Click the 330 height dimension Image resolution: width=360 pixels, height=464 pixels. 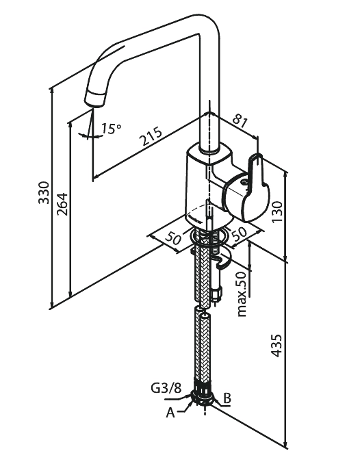pyautogui.click(x=44, y=192)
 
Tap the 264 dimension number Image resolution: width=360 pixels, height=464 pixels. pyautogui.click(x=62, y=204)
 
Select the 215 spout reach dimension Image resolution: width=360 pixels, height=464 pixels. pyautogui.click(x=151, y=136)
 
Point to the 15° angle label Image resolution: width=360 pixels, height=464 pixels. pyautogui.click(x=111, y=129)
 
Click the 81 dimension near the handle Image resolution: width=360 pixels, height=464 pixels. pyautogui.click(x=240, y=120)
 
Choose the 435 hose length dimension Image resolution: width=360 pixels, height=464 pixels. pyautogui.click(x=277, y=346)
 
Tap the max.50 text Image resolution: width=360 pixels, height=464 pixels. pyautogui.click(x=242, y=294)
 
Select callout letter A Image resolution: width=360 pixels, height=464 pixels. pyautogui.click(x=170, y=412)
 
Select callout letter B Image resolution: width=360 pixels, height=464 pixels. pyautogui.click(x=227, y=398)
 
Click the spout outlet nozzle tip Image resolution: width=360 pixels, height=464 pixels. pyautogui.click(x=95, y=99)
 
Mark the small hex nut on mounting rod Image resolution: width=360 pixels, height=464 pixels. pyautogui.click(x=216, y=294)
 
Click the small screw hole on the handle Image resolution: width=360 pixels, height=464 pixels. pyautogui.click(x=244, y=182)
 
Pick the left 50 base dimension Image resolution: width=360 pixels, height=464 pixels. pyautogui.click(x=172, y=238)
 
